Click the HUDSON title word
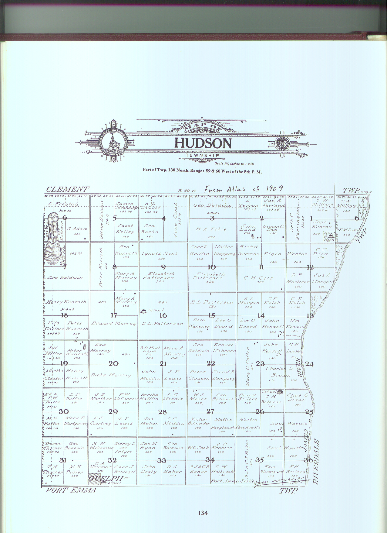[x=203, y=143]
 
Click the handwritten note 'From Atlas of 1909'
[x=244, y=189]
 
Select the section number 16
[x=163, y=315]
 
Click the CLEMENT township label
[x=68, y=190]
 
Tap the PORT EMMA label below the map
[x=71, y=490]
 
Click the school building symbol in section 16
[x=143, y=311]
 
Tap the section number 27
[x=210, y=411]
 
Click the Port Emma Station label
[x=234, y=481]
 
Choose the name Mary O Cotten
[x=248, y=366]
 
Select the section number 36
[x=308, y=460]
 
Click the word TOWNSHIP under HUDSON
[x=202, y=155]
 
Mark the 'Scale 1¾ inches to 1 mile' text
[x=234, y=163]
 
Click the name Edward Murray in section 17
[x=114, y=324]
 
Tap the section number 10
[x=212, y=267]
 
